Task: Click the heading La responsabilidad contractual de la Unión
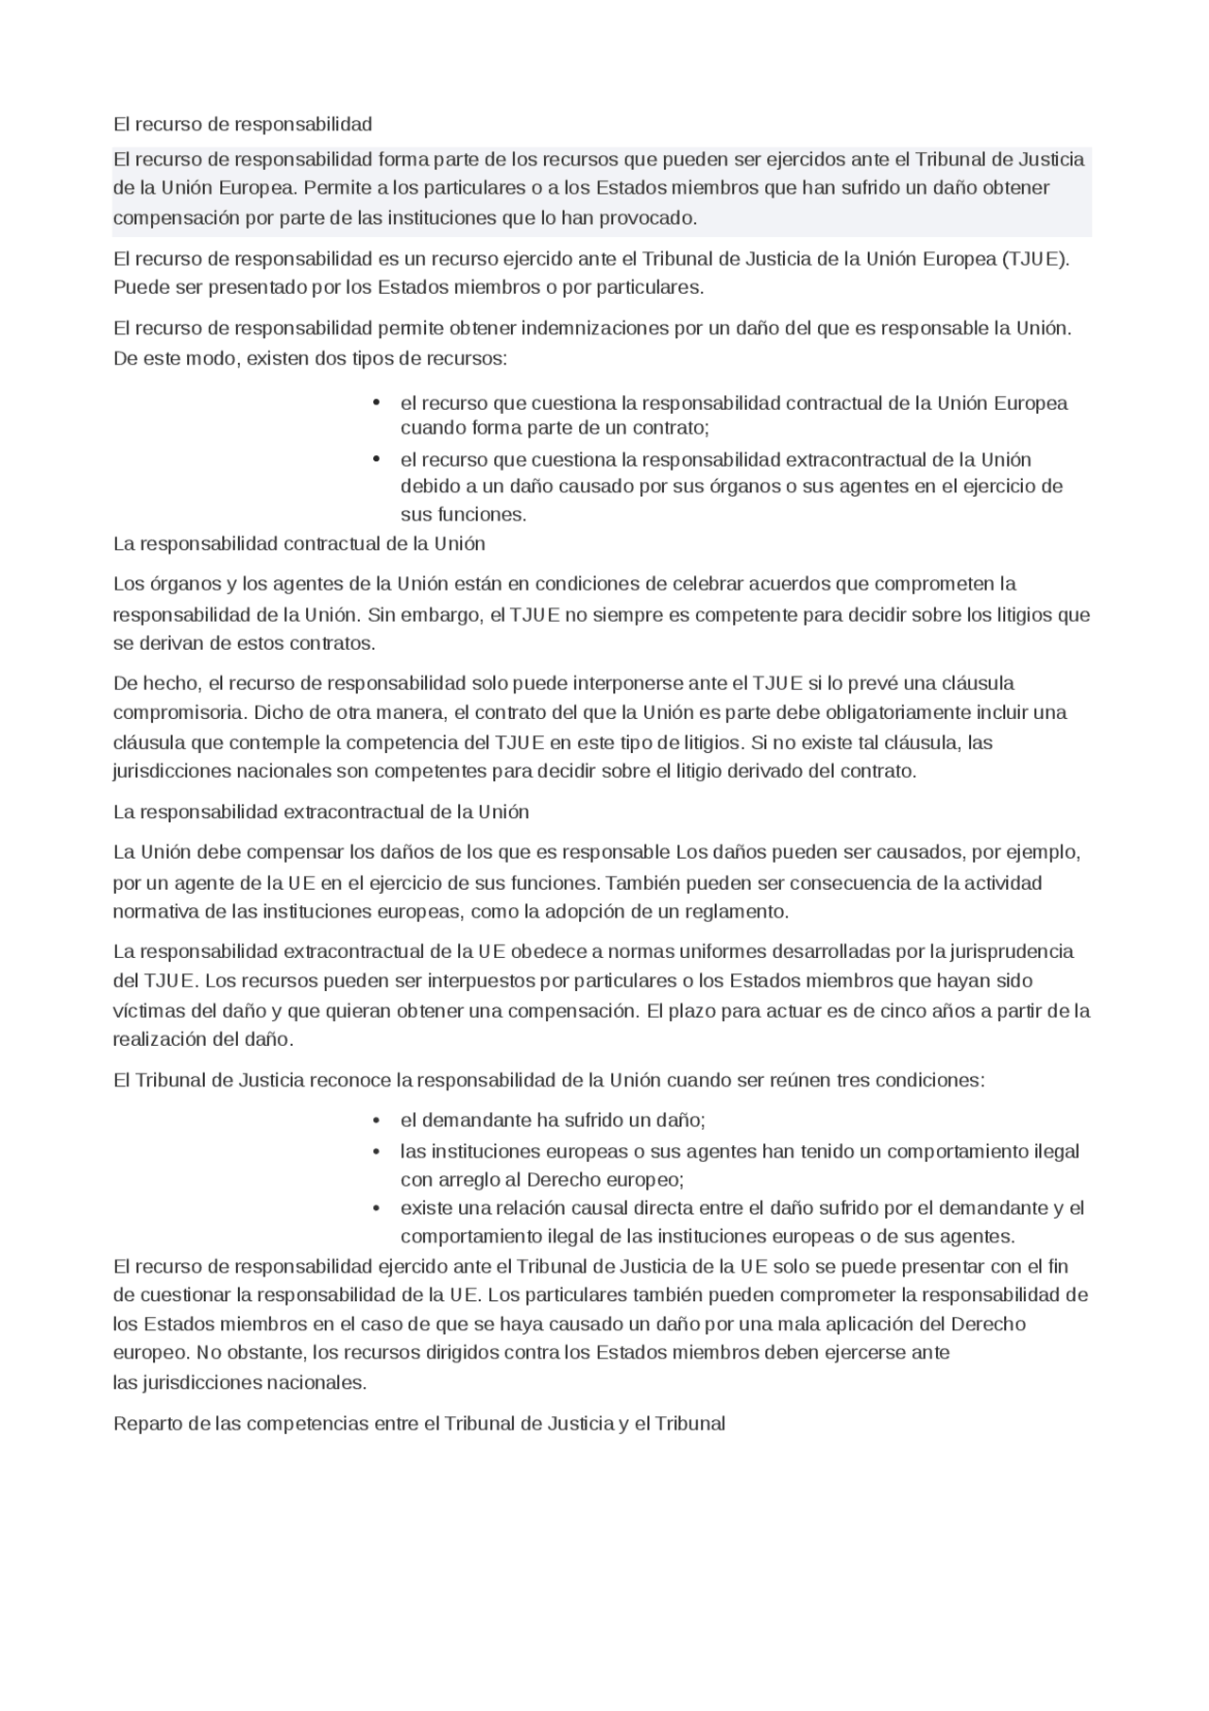point(298,544)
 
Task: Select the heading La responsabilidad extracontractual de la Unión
point(320,813)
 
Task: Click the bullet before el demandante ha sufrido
point(376,1121)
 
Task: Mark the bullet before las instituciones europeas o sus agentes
point(376,1152)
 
